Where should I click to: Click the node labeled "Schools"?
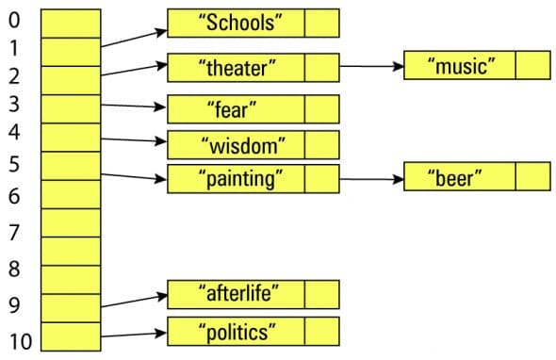[x=236, y=22]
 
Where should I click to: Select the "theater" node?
[x=236, y=68]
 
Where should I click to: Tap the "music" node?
[x=459, y=66]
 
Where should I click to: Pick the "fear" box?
[x=236, y=109]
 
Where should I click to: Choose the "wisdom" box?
[x=236, y=145]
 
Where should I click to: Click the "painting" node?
[x=236, y=178]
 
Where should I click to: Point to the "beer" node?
[x=459, y=176]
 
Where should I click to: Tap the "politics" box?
[x=236, y=332]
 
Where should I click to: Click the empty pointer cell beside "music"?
[x=532, y=66]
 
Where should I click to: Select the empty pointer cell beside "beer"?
[x=532, y=176]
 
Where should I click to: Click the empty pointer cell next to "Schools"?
[x=321, y=22]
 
